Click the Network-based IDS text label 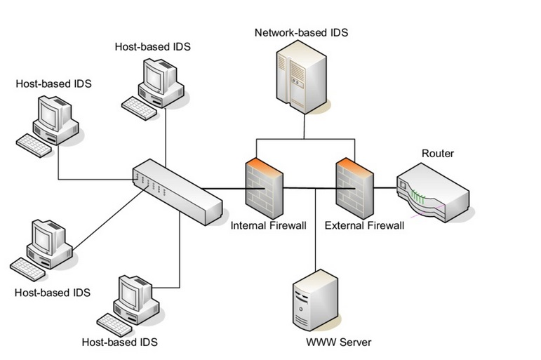301,32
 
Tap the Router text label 437,154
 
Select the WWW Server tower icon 314,301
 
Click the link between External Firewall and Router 385,188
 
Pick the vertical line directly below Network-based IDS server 305,126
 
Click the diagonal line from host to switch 105,224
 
